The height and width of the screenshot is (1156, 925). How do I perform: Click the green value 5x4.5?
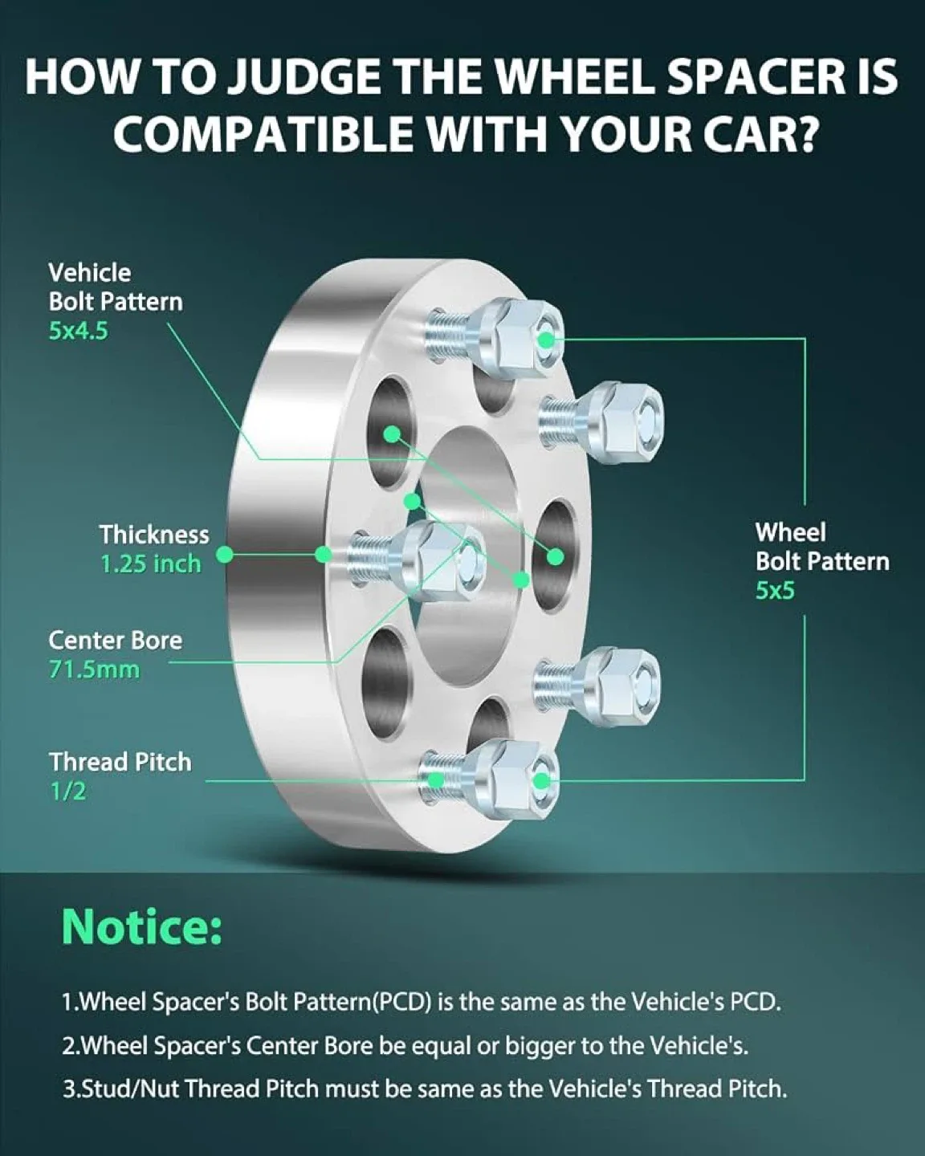[x=78, y=331]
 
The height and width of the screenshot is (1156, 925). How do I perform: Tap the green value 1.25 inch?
[x=150, y=564]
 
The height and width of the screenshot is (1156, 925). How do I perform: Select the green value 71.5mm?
[x=94, y=670]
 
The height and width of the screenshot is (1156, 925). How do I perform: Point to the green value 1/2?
[x=67, y=792]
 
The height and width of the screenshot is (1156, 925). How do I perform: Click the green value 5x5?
[x=775, y=591]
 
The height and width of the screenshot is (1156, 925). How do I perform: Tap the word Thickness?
[x=154, y=535]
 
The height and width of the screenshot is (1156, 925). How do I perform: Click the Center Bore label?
[x=115, y=641]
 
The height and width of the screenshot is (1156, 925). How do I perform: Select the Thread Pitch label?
[x=120, y=762]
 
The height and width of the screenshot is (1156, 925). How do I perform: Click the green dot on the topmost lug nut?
[x=545, y=340]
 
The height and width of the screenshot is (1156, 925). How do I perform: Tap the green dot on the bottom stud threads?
[x=437, y=780]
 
